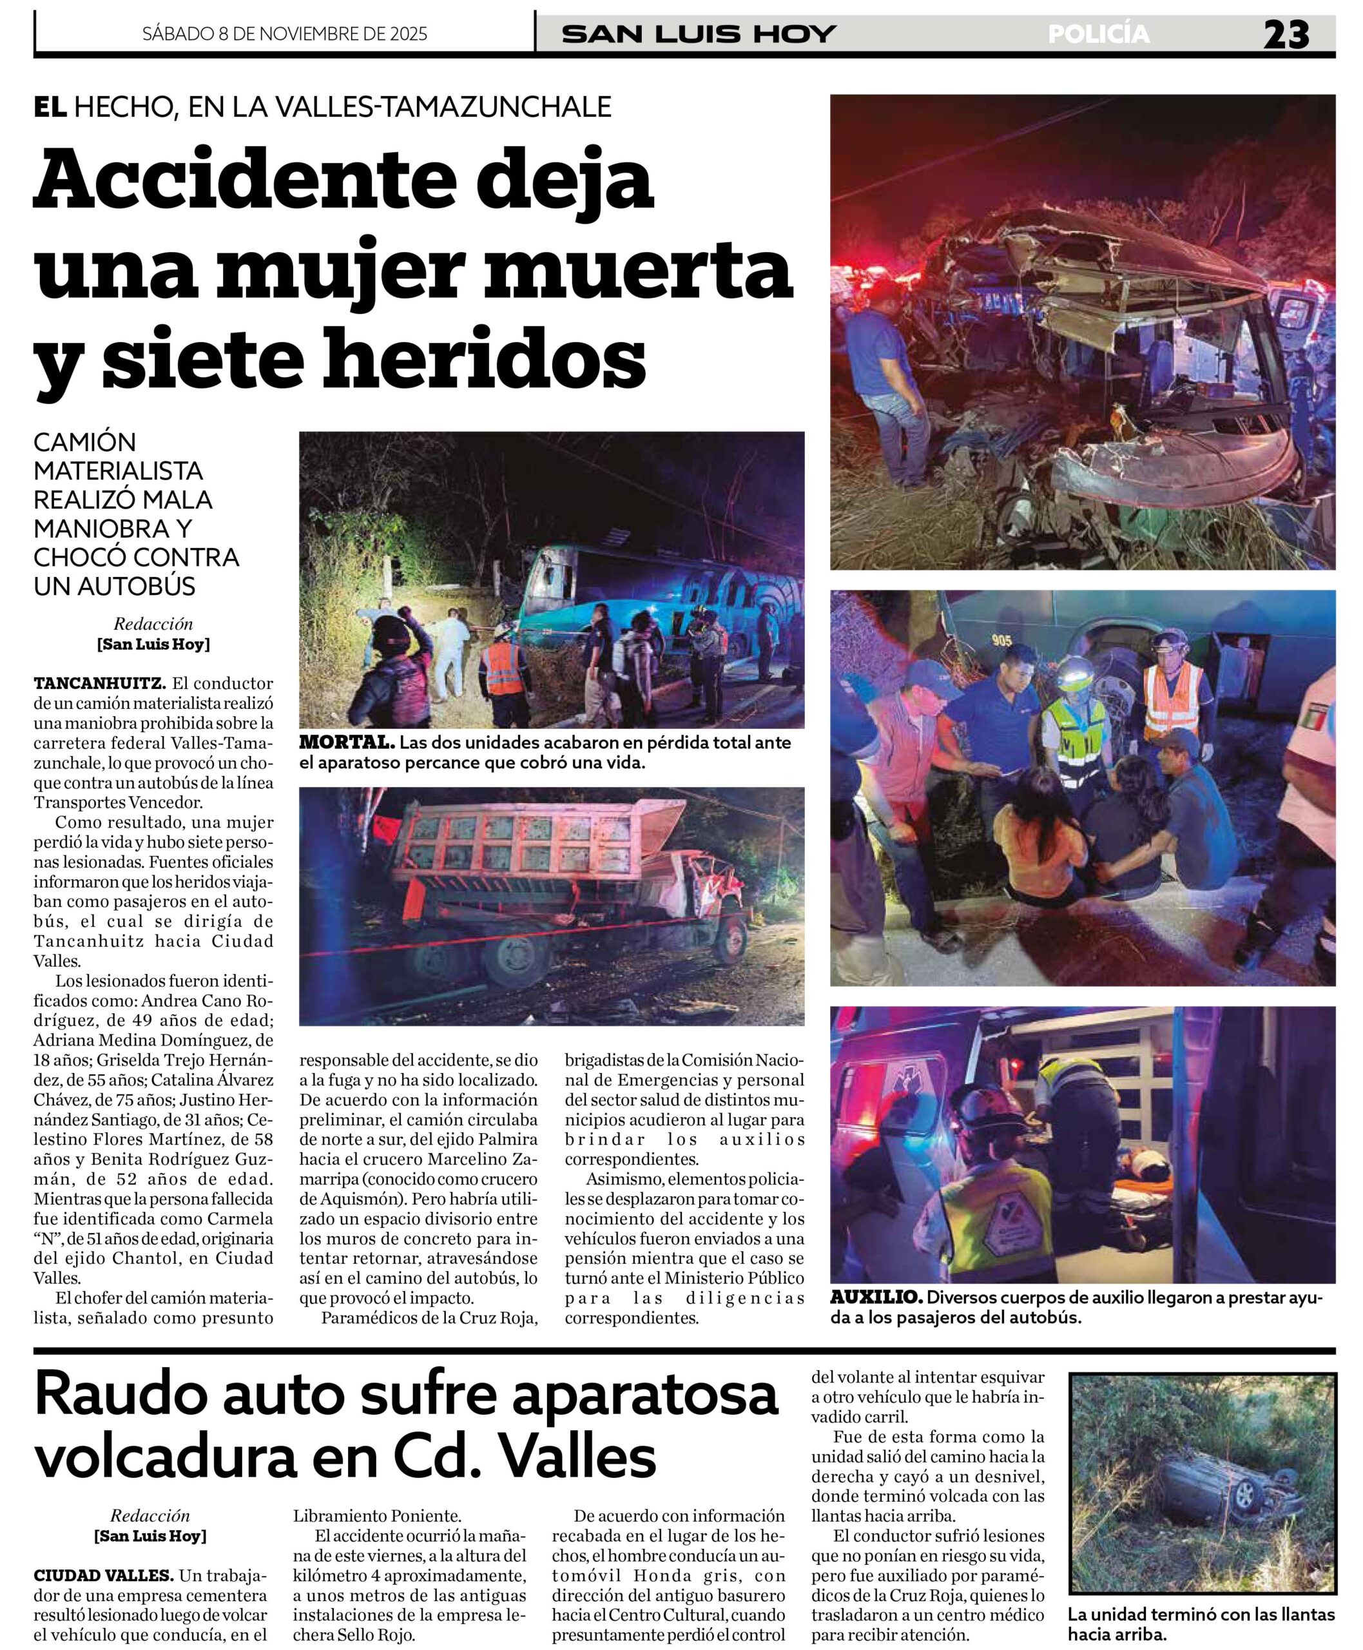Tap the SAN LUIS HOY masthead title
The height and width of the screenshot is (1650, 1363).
699,35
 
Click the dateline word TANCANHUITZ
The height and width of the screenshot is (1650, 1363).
99,683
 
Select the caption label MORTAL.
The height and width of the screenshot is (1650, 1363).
346,742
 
